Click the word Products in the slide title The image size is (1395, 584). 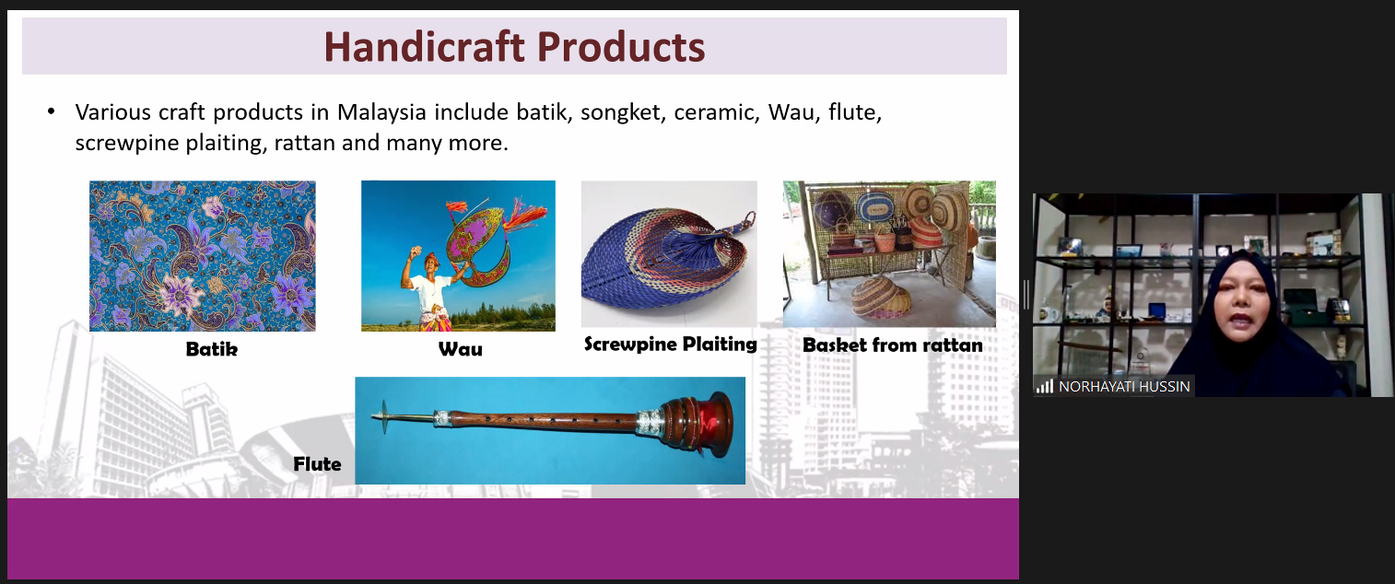[621, 47]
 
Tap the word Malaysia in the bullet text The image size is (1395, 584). [381, 112]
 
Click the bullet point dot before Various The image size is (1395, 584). [51, 112]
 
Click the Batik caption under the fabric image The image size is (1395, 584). [212, 349]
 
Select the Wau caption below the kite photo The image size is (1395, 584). [460, 349]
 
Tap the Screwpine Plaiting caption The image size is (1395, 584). [670, 345]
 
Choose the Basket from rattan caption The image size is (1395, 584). [893, 345]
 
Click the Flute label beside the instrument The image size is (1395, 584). [317, 464]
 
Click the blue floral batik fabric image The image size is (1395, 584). [203, 256]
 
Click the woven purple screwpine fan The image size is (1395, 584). [666, 256]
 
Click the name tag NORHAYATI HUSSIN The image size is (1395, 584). [1124, 386]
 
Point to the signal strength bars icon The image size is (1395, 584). [1044, 386]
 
